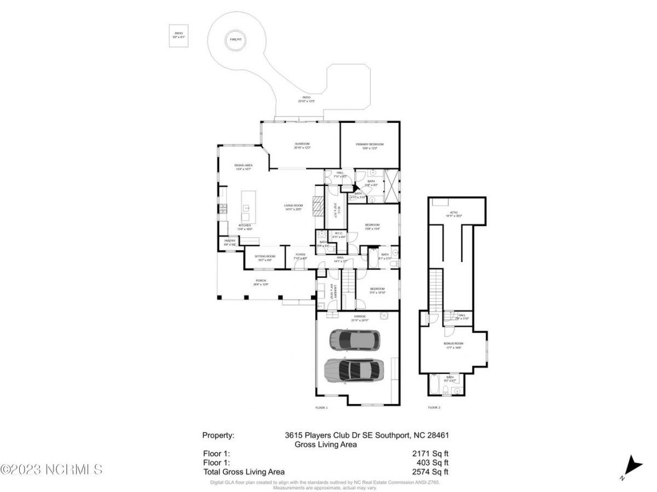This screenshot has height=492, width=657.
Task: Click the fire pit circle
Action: [x=235, y=40]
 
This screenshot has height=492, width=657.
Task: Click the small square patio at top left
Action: [x=179, y=36]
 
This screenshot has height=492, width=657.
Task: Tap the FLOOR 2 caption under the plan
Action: [x=434, y=407]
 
